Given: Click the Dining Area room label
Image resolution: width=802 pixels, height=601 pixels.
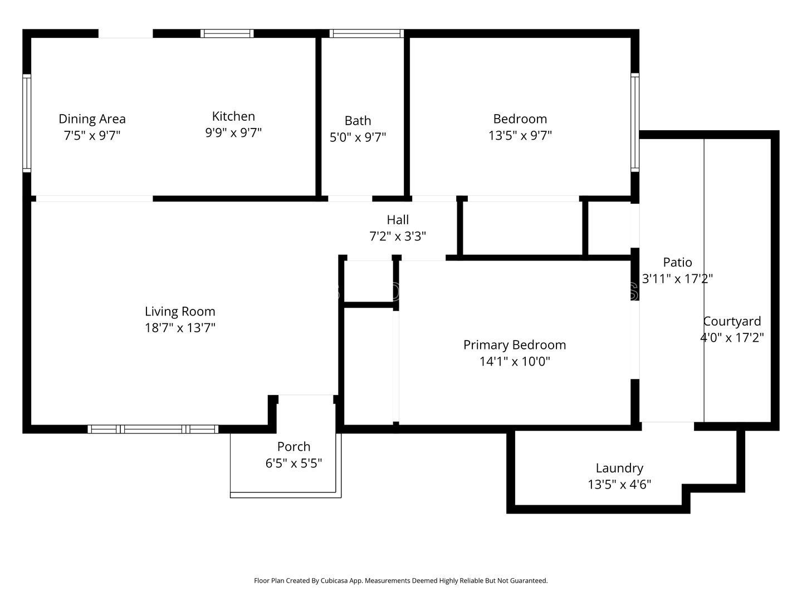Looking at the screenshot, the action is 92,119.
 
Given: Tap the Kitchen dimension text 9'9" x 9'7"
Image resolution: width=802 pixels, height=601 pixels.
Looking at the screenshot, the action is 233,132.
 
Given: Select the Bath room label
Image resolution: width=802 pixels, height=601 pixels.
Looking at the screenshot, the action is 358,121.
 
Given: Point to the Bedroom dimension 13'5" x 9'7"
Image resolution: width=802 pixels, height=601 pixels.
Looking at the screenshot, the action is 520,135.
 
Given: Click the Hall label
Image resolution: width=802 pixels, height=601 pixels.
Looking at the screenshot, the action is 398,220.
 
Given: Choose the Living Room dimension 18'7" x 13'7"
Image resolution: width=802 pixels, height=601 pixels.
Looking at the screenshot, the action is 180,328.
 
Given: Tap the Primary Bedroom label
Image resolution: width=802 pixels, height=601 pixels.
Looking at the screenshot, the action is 515,345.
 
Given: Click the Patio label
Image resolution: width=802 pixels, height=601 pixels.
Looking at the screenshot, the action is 677,262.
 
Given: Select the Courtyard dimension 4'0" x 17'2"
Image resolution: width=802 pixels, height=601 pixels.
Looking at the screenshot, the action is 732,338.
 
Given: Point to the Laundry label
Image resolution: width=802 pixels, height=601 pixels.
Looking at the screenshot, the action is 619,468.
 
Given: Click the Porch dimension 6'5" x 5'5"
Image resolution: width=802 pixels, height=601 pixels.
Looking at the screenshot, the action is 294,463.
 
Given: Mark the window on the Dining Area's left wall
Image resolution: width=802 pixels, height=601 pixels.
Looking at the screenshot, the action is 27,123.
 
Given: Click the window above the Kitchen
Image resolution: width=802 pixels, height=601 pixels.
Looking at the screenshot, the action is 227,33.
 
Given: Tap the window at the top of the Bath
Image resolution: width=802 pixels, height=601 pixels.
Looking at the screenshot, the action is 366,33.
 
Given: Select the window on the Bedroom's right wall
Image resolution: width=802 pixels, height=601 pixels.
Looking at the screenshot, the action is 635,122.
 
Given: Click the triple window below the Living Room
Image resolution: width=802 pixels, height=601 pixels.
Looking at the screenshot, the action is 153,429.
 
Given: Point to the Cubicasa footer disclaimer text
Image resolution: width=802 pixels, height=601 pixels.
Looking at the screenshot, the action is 401,580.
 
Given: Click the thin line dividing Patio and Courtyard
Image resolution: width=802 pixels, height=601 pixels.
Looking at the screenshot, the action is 704,280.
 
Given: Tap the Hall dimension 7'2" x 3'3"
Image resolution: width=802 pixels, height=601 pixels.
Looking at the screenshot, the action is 398,237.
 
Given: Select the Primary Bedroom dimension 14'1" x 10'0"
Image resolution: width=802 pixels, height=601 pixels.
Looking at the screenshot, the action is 515,361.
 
